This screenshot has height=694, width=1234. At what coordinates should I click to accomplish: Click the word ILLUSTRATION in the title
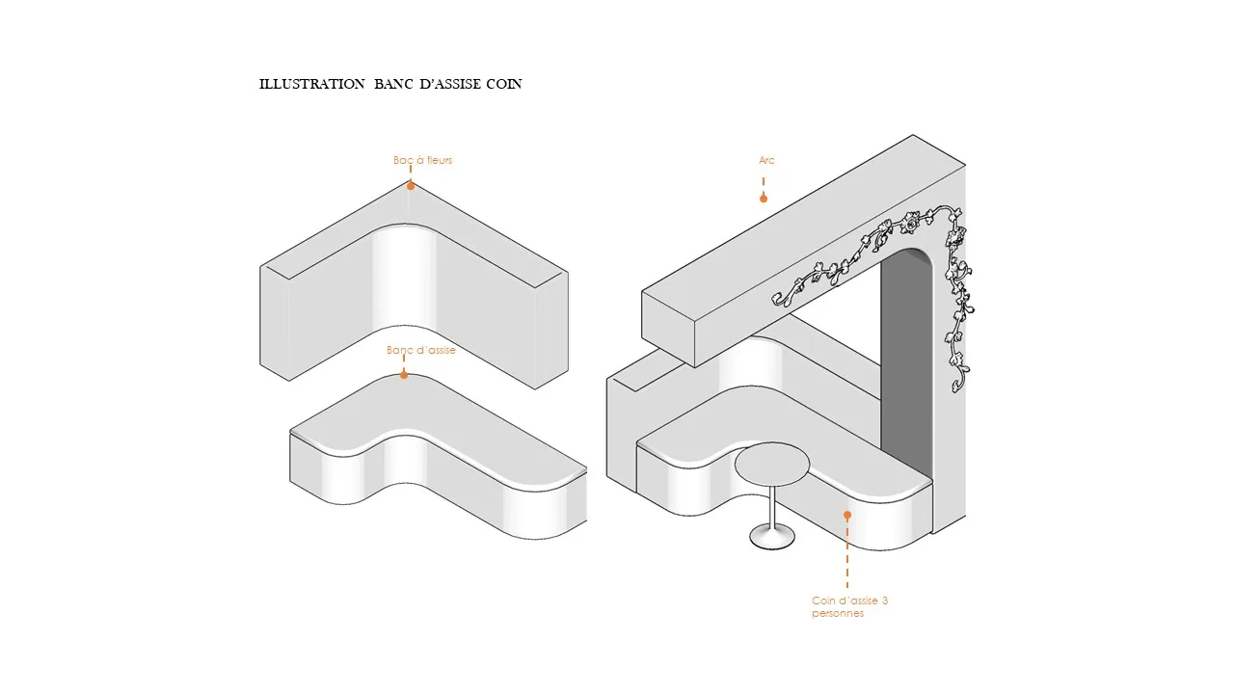click(x=311, y=84)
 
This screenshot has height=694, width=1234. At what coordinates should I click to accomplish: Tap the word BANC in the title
click(x=394, y=84)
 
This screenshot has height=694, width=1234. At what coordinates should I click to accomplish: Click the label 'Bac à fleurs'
click(x=422, y=160)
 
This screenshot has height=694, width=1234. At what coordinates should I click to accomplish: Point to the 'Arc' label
click(x=766, y=160)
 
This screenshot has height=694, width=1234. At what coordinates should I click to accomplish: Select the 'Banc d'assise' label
click(x=420, y=350)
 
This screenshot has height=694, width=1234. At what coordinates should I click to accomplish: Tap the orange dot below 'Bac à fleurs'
click(x=410, y=185)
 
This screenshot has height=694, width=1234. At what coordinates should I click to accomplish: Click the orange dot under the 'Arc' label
click(x=763, y=199)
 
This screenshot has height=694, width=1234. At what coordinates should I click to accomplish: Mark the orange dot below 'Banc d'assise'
click(x=404, y=375)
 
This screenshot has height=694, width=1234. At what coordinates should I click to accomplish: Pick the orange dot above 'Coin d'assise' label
click(x=847, y=515)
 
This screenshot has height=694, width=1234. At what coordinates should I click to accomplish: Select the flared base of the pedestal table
click(x=772, y=539)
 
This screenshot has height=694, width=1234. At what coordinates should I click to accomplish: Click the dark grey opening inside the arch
click(x=907, y=366)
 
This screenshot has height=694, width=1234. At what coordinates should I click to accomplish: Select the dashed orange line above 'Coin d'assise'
click(x=847, y=554)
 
